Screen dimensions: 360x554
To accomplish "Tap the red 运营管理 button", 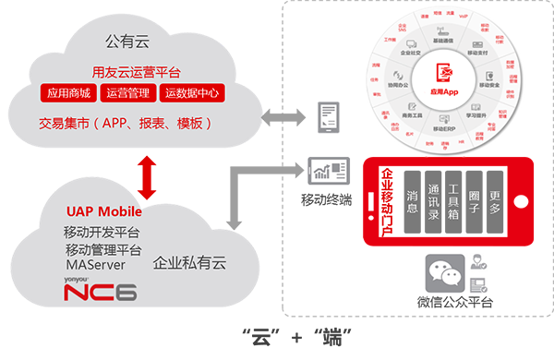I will [129, 94].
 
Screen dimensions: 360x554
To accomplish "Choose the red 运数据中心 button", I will [193, 94].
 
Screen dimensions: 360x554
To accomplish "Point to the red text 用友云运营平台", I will [130, 72].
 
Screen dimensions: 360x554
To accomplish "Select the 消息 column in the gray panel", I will [413, 202].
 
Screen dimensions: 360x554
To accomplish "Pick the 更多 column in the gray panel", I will [496, 202].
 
